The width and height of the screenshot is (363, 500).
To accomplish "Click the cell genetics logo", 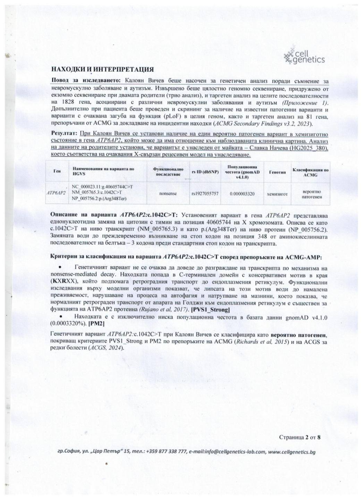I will [304, 56].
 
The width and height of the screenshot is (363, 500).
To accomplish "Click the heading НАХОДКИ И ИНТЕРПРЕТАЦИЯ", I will [102, 70].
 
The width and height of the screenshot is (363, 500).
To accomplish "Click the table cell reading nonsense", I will [168, 194].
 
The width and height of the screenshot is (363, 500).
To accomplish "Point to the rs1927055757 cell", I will [205, 194].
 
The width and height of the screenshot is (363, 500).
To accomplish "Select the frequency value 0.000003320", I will [242, 194].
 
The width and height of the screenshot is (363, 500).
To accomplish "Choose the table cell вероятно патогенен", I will [310, 194].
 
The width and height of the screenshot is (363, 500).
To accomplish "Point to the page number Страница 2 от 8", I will [299, 437].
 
